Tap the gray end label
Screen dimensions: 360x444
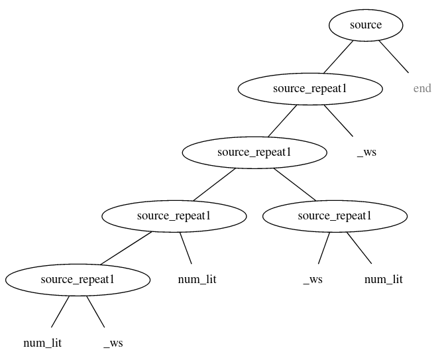pos(421,89)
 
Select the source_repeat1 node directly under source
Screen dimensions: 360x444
pos(310,89)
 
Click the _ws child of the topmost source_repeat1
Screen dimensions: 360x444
pos(366,152)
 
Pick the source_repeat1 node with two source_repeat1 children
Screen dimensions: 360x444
pos(254,152)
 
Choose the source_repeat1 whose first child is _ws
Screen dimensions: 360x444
pos(335,216)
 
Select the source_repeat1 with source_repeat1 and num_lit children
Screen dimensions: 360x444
pos(174,216)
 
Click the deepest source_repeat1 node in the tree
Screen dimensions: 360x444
pos(78,280)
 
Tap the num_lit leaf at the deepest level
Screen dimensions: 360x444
pos(42,343)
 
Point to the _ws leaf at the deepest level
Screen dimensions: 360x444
pos(113,343)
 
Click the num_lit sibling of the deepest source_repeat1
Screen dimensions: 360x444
pos(197,280)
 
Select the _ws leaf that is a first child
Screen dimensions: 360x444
pos(313,280)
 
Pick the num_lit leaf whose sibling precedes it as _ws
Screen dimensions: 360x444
pos(383,280)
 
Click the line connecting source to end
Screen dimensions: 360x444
pos(394,57)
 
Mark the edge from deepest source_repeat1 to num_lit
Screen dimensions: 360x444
pos(60,312)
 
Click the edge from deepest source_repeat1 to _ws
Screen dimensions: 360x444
pos(96,312)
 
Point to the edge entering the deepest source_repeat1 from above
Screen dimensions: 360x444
pos(126,248)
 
